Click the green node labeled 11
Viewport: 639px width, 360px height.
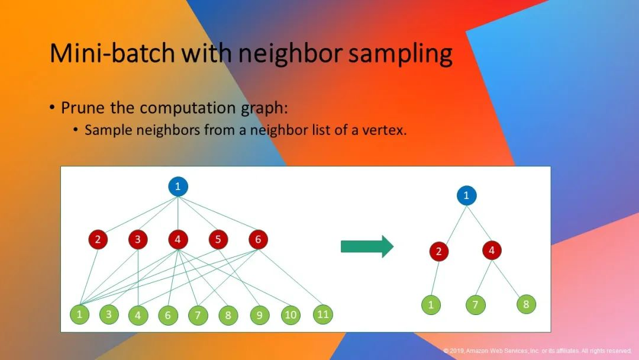pos(323,314)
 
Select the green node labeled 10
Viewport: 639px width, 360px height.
pos(291,315)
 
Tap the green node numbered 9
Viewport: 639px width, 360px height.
pos(260,315)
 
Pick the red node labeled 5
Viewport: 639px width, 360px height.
pos(218,239)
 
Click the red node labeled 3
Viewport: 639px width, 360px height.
pos(138,239)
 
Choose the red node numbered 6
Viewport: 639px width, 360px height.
pos(258,239)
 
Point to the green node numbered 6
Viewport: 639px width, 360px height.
pos(168,315)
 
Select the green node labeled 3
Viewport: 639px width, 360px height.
pos(109,314)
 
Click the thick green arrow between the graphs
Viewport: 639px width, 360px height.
pos(367,246)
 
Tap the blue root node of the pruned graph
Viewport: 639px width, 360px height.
pos(467,195)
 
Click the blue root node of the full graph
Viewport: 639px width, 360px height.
pos(178,187)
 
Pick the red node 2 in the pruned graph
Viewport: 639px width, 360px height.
pos(439,251)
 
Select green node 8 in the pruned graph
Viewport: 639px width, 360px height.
pos(526,304)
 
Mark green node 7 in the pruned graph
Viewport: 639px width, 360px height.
pos(476,304)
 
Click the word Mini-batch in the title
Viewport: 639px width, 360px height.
pos(112,53)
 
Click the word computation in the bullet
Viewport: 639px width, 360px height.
pos(188,108)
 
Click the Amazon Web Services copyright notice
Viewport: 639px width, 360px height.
pos(537,351)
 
